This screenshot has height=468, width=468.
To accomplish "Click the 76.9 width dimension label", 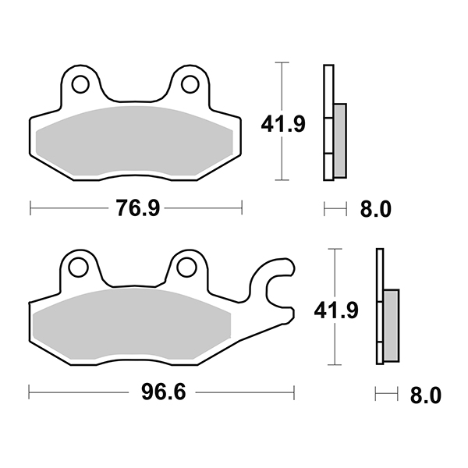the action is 138,208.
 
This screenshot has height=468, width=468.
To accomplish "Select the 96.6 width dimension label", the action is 164,392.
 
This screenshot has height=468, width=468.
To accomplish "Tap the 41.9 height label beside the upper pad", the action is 283,124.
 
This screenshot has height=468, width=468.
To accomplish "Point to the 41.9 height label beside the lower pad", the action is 336,310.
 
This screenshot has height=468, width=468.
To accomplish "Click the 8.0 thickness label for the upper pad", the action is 375,209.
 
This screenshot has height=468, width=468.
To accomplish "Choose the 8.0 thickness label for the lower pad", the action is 426,395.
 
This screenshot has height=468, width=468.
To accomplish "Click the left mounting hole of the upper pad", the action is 80,84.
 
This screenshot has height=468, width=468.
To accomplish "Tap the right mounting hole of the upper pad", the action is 190,84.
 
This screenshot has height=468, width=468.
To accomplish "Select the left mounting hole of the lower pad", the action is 78,268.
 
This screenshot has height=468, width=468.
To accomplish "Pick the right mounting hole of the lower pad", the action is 186,267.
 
